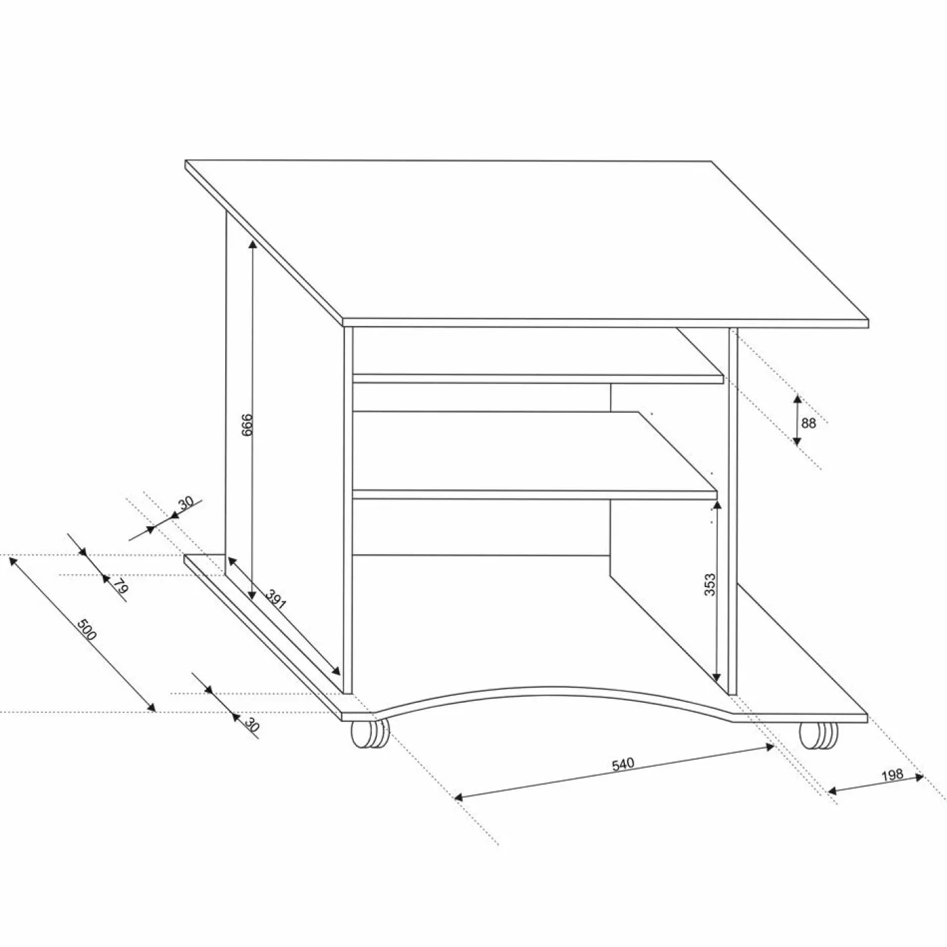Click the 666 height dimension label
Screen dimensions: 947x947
(247, 424)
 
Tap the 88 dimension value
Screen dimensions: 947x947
(808, 423)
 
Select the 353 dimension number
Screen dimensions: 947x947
(710, 584)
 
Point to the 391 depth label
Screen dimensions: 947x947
(276, 599)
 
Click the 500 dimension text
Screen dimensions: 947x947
(87, 630)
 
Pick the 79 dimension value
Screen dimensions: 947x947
(121, 586)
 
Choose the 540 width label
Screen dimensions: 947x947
(623, 764)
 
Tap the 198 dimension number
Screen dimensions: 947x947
(892, 775)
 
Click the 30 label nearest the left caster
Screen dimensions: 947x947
(252, 725)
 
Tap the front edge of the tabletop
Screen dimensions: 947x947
(605, 323)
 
